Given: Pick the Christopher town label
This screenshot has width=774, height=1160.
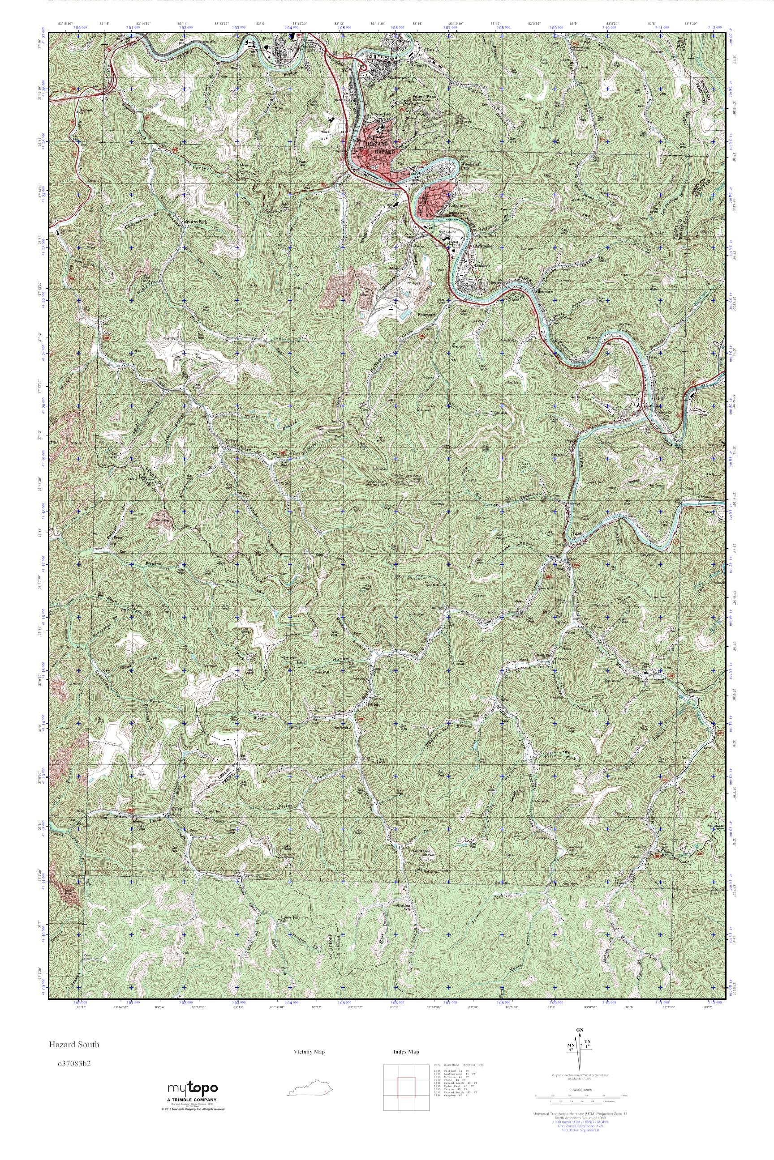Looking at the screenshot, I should pyautogui.click(x=483, y=245).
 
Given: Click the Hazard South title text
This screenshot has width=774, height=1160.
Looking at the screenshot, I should pyautogui.click(x=73, y=1044).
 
